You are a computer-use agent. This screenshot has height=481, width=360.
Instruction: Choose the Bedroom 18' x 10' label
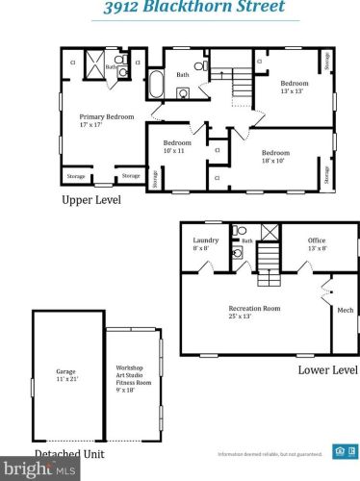[276, 156]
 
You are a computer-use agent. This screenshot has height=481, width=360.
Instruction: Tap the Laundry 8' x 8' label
[206, 244]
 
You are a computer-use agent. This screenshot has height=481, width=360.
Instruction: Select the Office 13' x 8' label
[317, 244]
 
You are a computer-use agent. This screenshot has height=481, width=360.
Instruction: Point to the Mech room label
[344, 310]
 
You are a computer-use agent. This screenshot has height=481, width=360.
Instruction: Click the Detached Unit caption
[69, 453]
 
